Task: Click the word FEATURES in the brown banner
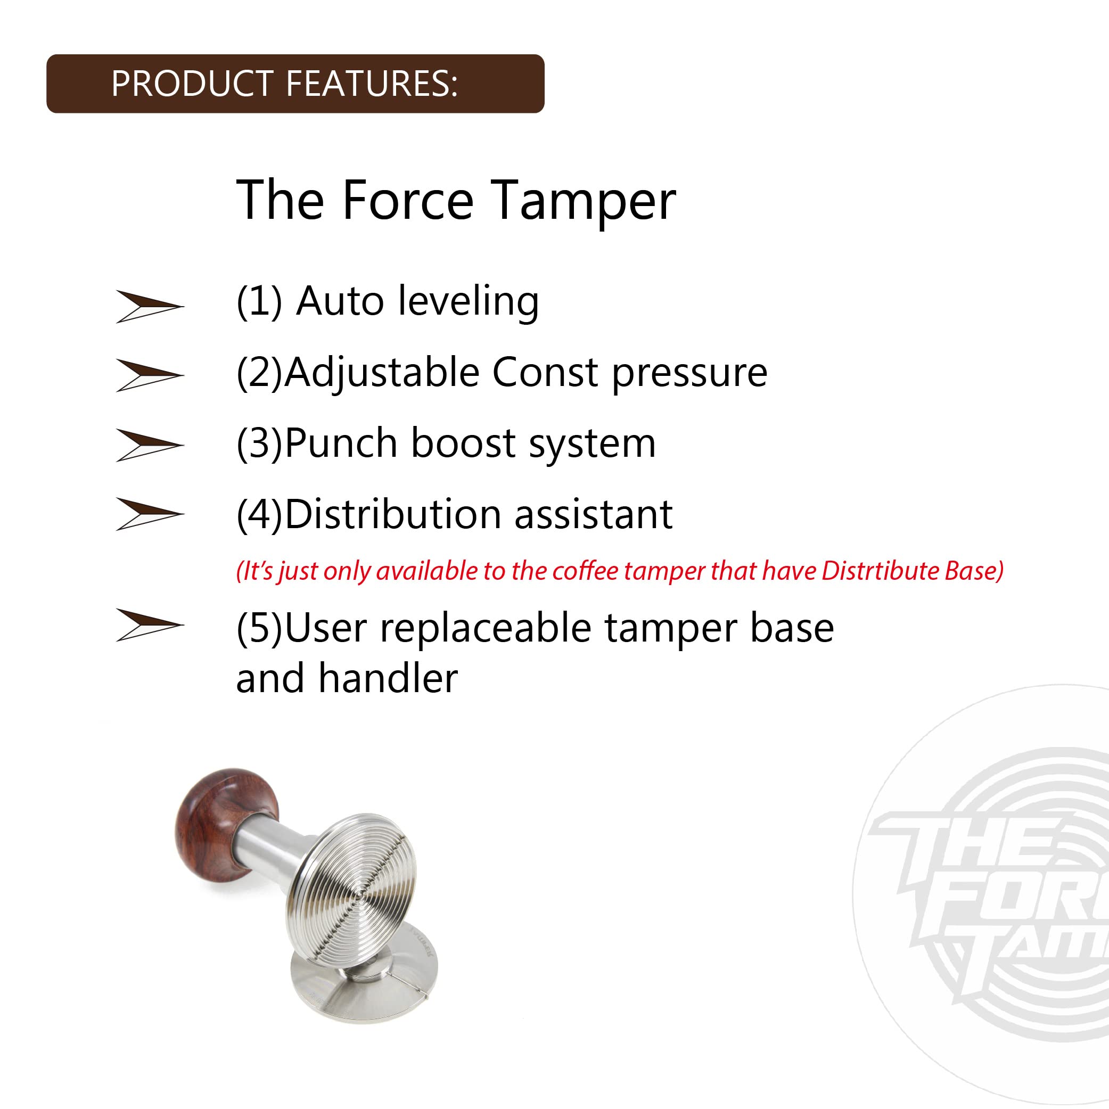[x=372, y=84]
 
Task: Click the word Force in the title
[x=408, y=200]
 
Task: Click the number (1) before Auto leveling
[x=259, y=301]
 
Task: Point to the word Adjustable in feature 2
[x=382, y=373]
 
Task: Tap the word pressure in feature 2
[x=689, y=374]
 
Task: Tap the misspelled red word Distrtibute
[x=880, y=571]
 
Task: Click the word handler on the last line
[x=388, y=678]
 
